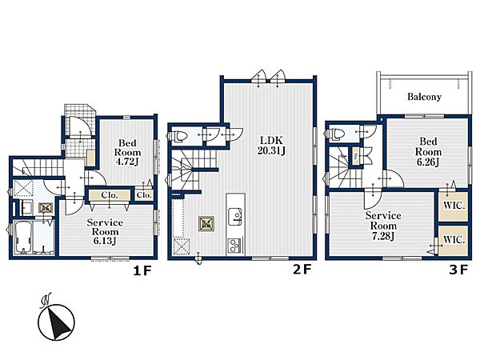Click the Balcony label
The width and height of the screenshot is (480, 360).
coord(424,97)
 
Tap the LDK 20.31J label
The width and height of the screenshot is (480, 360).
coord(271,146)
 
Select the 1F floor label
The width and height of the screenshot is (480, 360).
coord(142,270)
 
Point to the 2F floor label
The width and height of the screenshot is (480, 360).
coord(302,270)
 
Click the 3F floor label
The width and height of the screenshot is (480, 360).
coord(458,270)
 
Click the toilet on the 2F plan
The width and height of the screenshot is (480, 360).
coord(178,136)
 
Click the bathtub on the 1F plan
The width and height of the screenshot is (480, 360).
coord(22,238)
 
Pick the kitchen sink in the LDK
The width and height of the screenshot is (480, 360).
coord(235,217)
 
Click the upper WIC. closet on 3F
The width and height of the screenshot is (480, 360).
coord(454,206)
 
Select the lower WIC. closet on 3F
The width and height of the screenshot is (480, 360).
coord(454,241)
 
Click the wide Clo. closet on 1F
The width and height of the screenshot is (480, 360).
coord(110,195)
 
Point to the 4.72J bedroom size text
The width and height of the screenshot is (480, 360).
coord(127,162)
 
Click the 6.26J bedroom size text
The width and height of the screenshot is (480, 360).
coord(428,162)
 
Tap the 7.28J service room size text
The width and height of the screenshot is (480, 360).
coord(383,236)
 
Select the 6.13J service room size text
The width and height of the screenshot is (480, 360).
coord(105,241)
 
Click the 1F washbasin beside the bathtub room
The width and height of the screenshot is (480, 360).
coord(26,207)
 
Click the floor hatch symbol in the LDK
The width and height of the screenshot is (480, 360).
coord(206,224)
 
